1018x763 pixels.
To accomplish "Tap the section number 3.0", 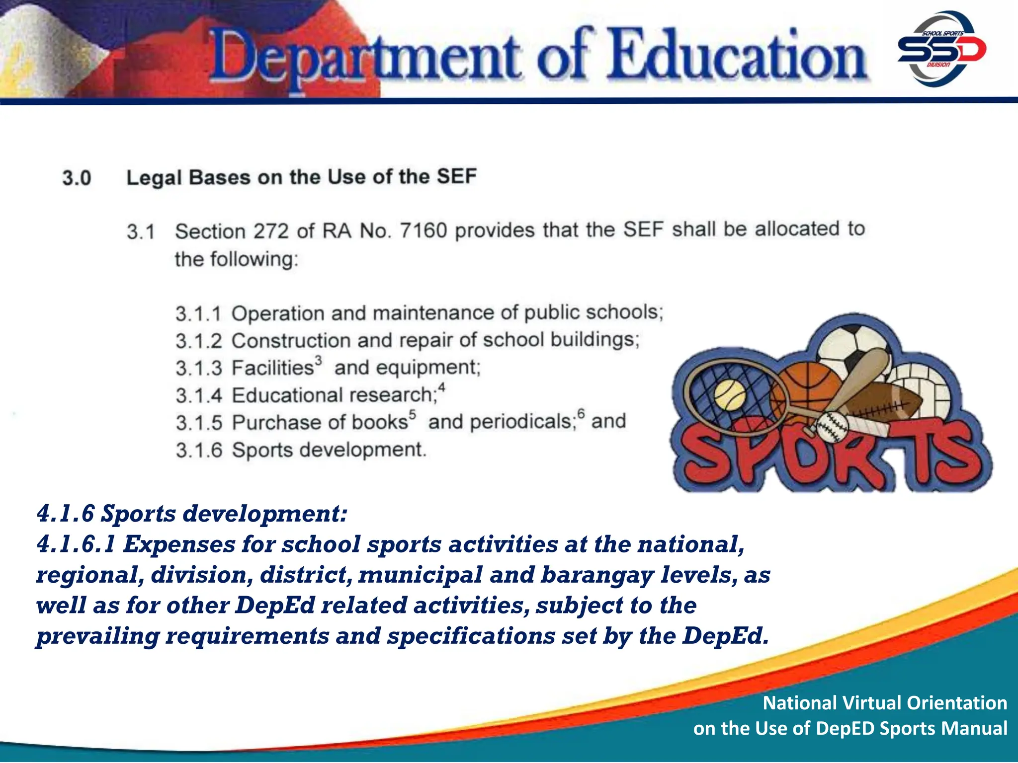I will tap(77, 178).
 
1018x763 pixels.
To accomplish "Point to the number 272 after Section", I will tap(271, 231).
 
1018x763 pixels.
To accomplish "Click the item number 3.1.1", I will tap(198, 314).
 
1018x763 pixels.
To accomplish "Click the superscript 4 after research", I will tap(441, 387).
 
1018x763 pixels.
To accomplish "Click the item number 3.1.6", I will tap(198, 450).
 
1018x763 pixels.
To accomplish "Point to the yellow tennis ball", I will tap(730, 395).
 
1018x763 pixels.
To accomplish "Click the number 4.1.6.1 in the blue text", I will tap(76, 544).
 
